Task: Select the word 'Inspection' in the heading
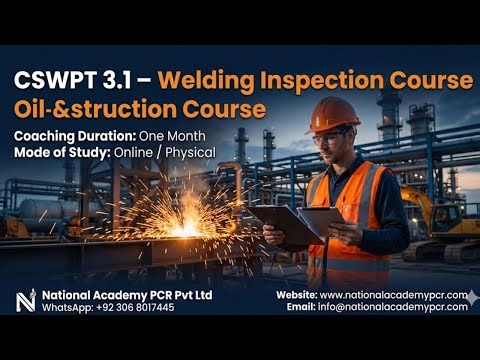pyautogui.click(x=321, y=78)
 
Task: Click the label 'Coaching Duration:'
pyautogui.click(x=70, y=136)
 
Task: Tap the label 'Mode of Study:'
pyautogui.click(x=61, y=152)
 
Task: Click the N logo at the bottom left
pyautogui.click(x=26, y=300)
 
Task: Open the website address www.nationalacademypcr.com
pyautogui.click(x=393, y=295)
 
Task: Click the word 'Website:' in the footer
pyautogui.click(x=296, y=295)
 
